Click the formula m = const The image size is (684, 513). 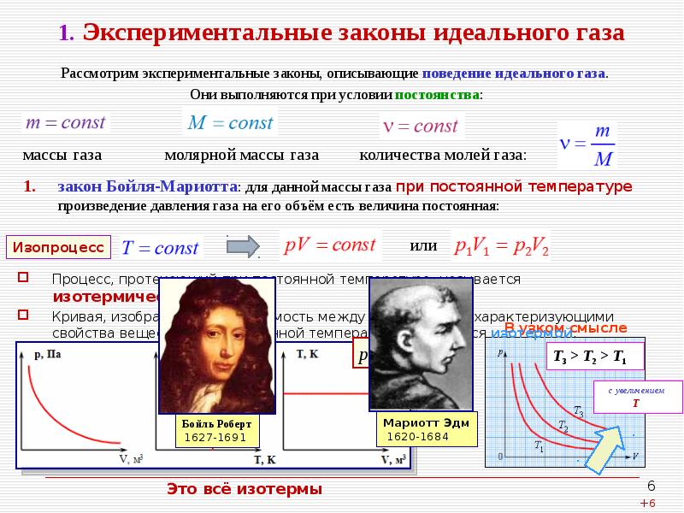[65, 122]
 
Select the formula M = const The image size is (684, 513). [230, 123]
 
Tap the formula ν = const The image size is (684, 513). [419, 127]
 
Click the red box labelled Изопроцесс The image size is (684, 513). [58, 247]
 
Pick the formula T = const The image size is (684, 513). [160, 248]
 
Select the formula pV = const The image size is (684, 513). [329, 245]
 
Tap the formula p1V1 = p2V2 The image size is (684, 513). [500, 248]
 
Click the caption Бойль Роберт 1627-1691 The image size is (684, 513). [215, 430]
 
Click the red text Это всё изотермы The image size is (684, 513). [245, 489]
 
